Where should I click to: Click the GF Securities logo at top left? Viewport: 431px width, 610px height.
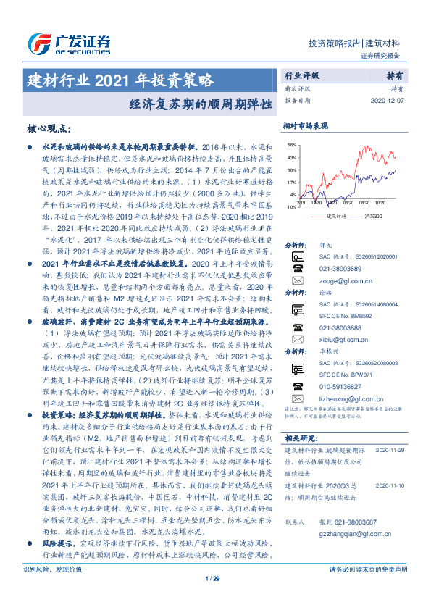coord(70,42)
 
